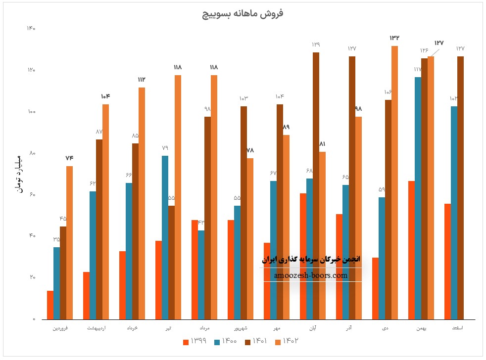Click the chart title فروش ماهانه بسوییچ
pyautogui.click(x=243, y=13)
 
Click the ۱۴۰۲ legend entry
pyautogui.click(x=291, y=341)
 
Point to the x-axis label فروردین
pyautogui.click(x=60, y=328)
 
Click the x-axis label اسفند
pyautogui.click(x=457, y=328)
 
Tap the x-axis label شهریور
pyautogui.click(x=241, y=328)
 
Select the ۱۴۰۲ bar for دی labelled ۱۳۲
pyautogui.click(x=394, y=183)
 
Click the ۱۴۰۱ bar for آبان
pyautogui.click(x=316, y=185)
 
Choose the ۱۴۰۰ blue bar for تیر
pyautogui.click(x=165, y=237)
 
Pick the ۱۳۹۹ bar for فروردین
pyautogui.click(x=50, y=305)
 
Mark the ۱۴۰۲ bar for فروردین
pyautogui.click(x=69, y=242)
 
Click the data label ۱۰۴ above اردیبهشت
pyautogui.click(x=105, y=96)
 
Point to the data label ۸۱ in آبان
pyautogui.click(x=322, y=144)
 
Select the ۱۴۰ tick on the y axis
pyautogui.click(x=31, y=28)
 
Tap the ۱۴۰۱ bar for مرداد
pyautogui.click(x=207, y=218)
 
